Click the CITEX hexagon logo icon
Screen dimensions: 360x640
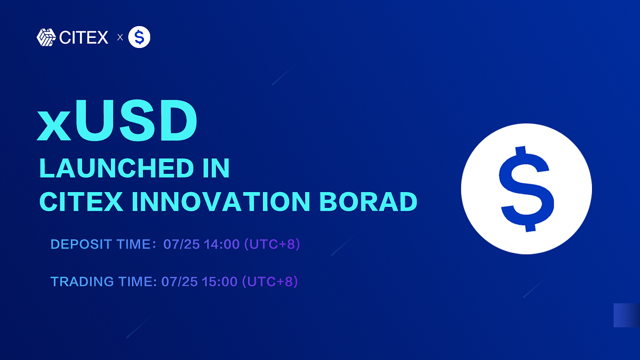pos(46,37)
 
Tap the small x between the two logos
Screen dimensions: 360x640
pos(119,38)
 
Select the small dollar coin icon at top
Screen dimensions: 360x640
pos(140,37)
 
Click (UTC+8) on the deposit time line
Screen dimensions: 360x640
pos(272,245)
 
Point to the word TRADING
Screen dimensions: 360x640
pos(81,281)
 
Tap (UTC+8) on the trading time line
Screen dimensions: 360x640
pos(270,281)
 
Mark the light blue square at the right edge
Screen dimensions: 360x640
pos(627,315)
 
